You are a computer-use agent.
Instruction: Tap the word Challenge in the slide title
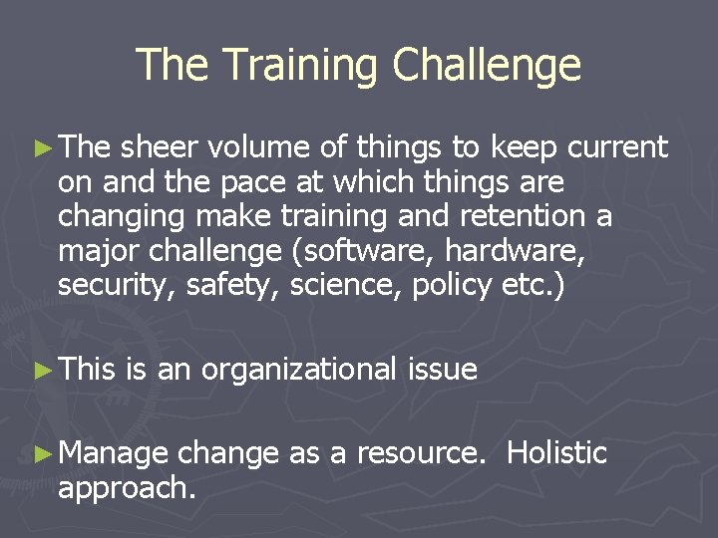[487, 66]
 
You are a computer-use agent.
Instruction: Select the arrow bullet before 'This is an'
[42, 371]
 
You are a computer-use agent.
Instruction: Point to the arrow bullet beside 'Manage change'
[42, 454]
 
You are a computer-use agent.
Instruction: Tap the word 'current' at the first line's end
[616, 149]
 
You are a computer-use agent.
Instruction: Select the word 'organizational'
[299, 371]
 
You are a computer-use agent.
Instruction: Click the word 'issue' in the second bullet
[443, 371]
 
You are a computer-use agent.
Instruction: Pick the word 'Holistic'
[556, 453]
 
